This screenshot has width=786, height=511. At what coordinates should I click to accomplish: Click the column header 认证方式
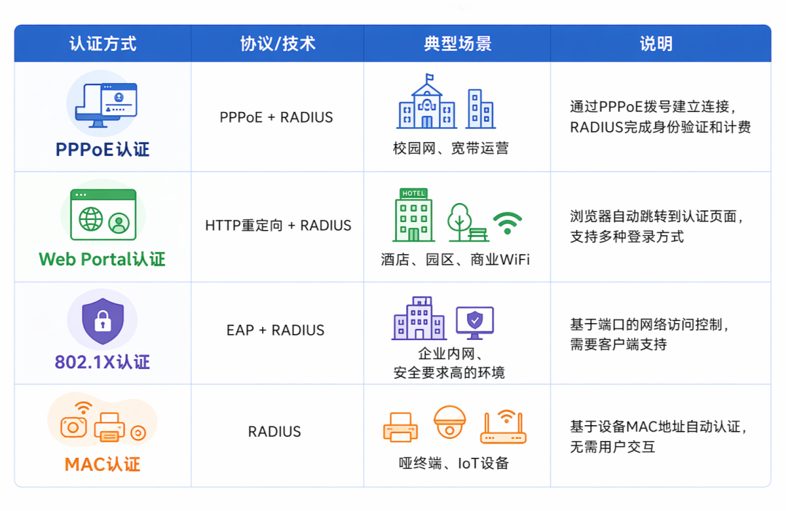click(x=103, y=44)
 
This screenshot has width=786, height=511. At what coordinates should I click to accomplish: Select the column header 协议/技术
click(x=277, y=44)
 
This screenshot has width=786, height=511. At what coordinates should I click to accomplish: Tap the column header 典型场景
click(x=457, y=44)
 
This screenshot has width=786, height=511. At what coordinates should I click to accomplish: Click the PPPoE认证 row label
click(x=103, y=149)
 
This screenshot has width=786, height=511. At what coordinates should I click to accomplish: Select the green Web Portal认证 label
click(x=103, y=259)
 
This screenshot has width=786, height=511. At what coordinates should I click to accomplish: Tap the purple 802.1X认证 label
click(x=103, y=362)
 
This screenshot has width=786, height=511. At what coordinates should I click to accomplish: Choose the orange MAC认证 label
click(x=103, y=464)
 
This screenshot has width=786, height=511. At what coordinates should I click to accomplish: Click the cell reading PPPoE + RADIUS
click(x=277, y=117)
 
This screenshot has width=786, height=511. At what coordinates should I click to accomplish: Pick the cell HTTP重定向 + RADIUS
click(x=278, y=226)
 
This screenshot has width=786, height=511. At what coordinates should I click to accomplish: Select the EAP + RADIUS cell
click(x=275, y=330)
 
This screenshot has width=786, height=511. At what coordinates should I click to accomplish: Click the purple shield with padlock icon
click(x=103, y=321)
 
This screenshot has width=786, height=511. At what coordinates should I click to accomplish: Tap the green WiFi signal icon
click(x=507, y=222)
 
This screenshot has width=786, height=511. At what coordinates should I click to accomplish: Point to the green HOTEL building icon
click(x=414, y=215)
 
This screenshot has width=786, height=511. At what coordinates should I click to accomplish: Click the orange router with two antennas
click(x=503, y=427)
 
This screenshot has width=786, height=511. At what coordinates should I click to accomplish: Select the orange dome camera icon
click(x=449, y=422)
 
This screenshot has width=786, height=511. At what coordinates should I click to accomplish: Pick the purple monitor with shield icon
click(x=475, y=322)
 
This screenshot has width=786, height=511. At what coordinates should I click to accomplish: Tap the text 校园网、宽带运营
click(x=450, y=148)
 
